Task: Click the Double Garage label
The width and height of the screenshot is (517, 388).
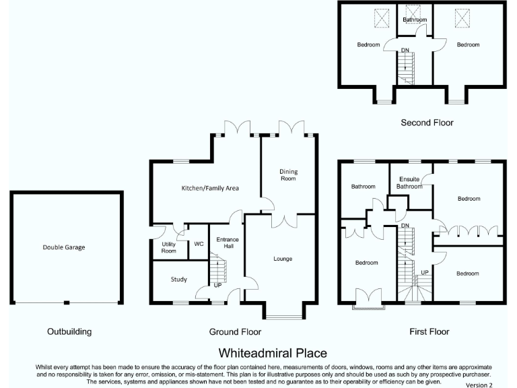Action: point(65,247)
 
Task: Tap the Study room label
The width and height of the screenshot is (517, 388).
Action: point(178,280)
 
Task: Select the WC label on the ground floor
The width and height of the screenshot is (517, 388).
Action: point(199,244)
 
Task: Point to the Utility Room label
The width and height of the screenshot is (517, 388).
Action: point(168,247)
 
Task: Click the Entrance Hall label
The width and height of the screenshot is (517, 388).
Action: point(228,243)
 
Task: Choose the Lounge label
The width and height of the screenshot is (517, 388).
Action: point(283,259)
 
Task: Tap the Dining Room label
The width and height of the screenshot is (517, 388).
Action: point(288,175)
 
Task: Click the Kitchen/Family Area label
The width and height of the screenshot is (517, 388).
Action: point(210,188)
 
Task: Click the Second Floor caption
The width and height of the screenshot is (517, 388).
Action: point(427,123)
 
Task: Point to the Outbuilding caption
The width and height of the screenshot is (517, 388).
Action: point(69,331)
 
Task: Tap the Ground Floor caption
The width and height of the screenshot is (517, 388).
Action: point(236,331)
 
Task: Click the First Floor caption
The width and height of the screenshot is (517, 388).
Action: point(429,331)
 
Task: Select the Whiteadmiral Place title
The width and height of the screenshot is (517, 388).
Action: point(273,353)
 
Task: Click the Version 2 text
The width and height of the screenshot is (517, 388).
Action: point(479,385)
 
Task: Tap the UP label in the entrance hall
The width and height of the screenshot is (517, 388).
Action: point(217,286)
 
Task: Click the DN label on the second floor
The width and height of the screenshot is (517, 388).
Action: point(405,51)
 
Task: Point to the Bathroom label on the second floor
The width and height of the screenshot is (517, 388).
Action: point(415,20)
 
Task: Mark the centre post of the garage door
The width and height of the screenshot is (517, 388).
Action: point(66,302)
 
